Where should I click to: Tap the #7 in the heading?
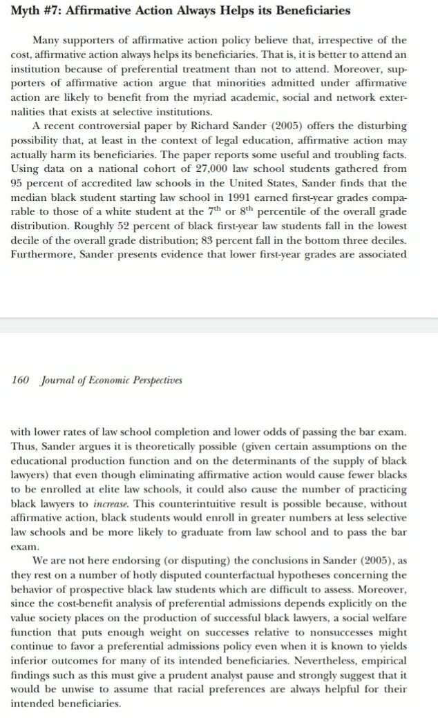(x=55, y=11)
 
